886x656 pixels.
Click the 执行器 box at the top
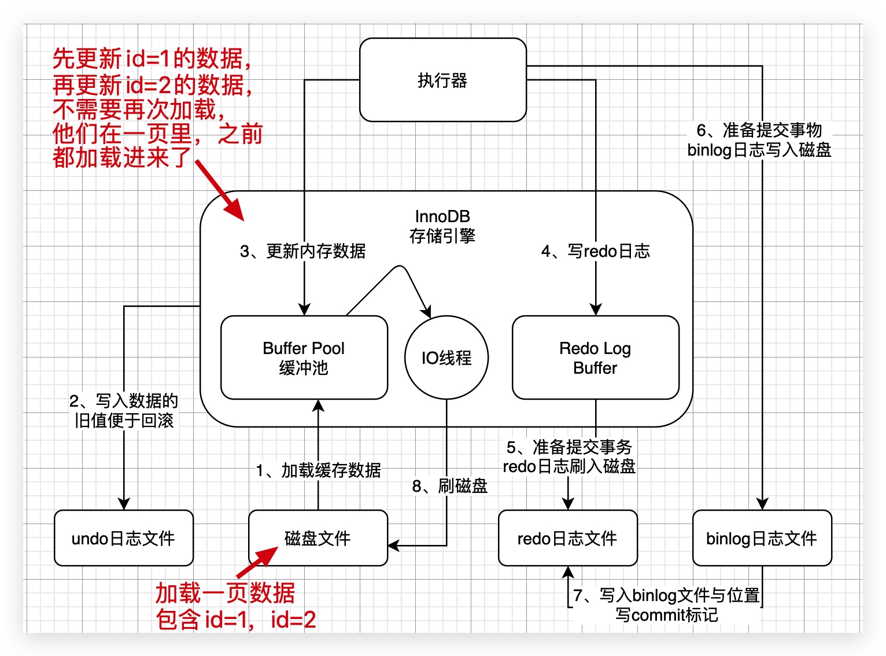pyautogui.click(x=442, y=80)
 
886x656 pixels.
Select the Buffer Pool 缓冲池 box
pyautogui.click(x=304, y=358)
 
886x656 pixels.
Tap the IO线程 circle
pyautogui.click(x=446, y=358)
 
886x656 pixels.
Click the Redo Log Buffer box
pyautogui.click(x=595, y=358)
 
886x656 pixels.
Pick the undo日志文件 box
pyautogui.click(x=123, y=538)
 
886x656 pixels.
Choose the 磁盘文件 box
pyautogui.click(x=318, y=538)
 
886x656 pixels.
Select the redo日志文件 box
pyautogui.click(x=567, y=538)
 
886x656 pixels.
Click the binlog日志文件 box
pyautogui.click(x=762, y=538)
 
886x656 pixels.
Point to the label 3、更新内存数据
pyautogui.click(x=302, y=251)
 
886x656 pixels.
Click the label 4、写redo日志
pyautogui.click(x=595, y=251)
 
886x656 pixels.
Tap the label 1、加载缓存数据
pyautogui.click(x=318, y=470)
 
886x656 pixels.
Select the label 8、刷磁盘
pyautogui.click(x=449, y=486)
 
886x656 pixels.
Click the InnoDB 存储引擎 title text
pyautogui.click(x=442, y=226)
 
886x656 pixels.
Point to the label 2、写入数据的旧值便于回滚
pyautogui.click(x=123, y=411)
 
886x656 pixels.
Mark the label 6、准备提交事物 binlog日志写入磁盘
pyautogui.click(x=759, y=140)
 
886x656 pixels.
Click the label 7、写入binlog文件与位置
pyautogui.click(x=666, y=595)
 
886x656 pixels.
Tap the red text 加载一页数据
pyautogui.click(x=225, y=594)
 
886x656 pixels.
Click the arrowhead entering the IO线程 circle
pyautogui.click(x=426, y=312)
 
